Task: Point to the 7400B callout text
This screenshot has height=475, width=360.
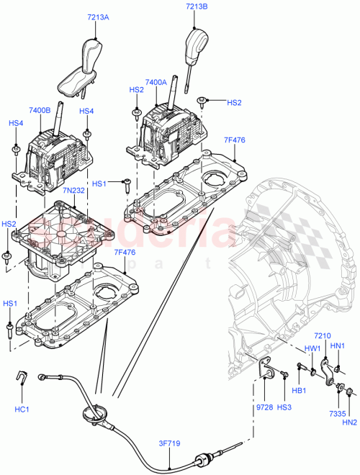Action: [40, 110]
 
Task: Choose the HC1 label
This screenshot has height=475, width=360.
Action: [22, 410]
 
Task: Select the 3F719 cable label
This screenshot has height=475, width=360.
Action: [169, 443]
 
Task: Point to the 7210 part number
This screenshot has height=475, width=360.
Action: [322, 337]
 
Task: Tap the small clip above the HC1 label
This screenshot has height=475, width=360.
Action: [22, 376]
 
